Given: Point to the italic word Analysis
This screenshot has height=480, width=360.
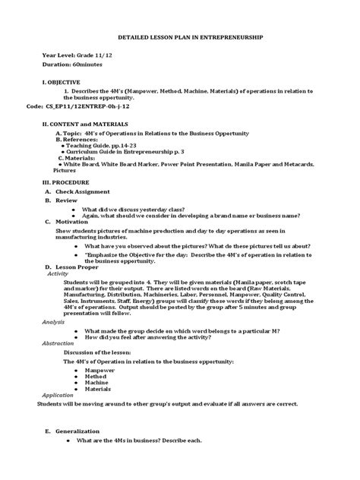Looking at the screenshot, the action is (x=53, y=322).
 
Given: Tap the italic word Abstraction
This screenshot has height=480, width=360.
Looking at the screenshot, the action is (x=58, y=343).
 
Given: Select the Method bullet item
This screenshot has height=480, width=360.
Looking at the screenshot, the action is (x=96, y=379).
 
